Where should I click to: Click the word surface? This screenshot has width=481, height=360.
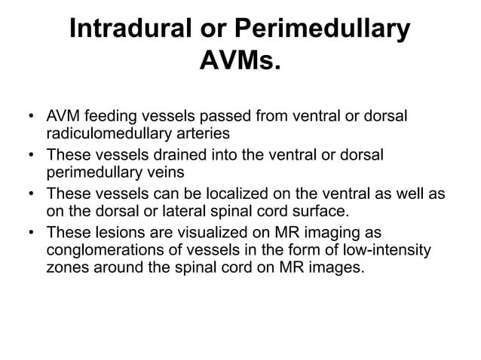339,210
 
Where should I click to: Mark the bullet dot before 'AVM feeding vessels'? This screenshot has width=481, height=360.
30,118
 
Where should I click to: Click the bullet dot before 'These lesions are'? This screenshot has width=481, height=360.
30,231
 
